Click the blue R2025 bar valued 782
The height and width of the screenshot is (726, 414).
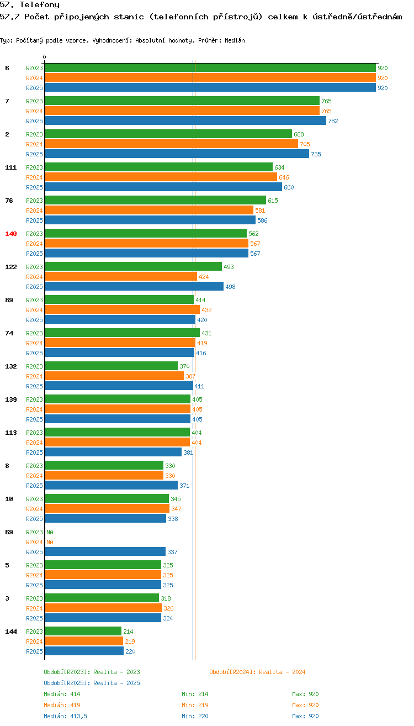click(185, 121)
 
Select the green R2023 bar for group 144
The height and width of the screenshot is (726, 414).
click(83, 631)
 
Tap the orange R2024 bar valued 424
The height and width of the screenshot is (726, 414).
click(121, 276)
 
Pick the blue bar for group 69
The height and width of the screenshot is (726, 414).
click(105, 551)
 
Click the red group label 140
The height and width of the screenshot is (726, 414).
click(10, 234)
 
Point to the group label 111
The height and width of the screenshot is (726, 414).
click(10, 167)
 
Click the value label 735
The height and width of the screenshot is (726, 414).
click(316, 154)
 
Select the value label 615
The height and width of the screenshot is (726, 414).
click(273, 201)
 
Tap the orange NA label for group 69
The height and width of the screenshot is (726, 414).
click(50, 542)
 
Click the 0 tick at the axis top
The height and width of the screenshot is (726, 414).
click(44, 57)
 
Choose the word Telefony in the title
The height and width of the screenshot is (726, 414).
click(40, 4)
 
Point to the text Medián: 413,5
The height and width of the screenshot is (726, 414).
click(65, 716)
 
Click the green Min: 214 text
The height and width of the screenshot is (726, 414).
click(195, 694)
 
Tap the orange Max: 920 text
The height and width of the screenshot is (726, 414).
click(305, 705)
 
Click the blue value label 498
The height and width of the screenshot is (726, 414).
click(231, 287)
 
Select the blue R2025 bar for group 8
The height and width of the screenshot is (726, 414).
click(112, 485)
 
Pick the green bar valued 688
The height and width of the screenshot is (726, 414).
click(168, 134)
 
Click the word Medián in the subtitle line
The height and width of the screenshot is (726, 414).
click(235, 40)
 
